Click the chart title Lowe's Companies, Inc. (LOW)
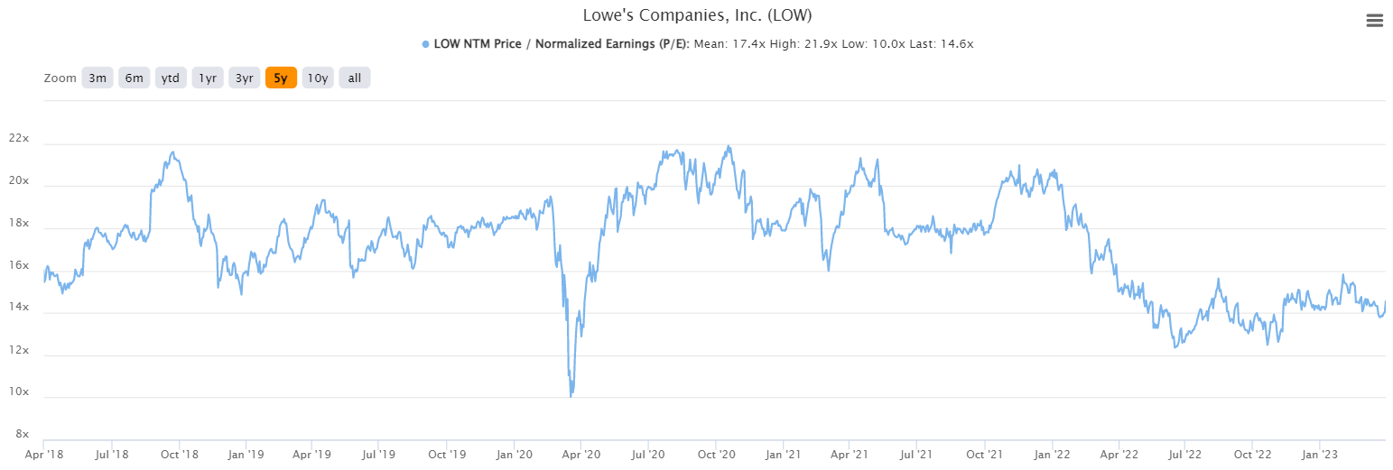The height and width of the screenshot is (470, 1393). (x=696, y=15)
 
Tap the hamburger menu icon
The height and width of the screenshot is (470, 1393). (x=1374, y=21)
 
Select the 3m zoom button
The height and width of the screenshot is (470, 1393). (x=98, y=78)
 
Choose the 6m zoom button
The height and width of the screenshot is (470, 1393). (x=134, y=78)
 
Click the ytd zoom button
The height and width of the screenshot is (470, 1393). (x=171, y=78)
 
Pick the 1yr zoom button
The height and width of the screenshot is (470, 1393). (x=208, y=78)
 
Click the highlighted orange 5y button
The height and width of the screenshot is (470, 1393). (x=281, y=78)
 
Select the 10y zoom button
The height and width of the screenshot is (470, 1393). (x=317, y=78)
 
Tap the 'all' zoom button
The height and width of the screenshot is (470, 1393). (x=355, y=78)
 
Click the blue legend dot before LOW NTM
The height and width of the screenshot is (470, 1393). (x=425, y=44)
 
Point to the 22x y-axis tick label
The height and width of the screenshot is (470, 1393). (x=18, y=139)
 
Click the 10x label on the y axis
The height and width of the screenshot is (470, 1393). (x=18, y=392)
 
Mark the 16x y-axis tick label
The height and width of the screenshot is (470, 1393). (x=18, y=266)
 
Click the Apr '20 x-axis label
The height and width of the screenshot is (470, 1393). (x=580, y=455)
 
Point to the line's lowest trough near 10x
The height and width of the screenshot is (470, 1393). (x=571, y=395)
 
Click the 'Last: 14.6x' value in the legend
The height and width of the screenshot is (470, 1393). (x=941, y=44)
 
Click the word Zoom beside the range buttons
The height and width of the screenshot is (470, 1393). (x=60, y=78)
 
